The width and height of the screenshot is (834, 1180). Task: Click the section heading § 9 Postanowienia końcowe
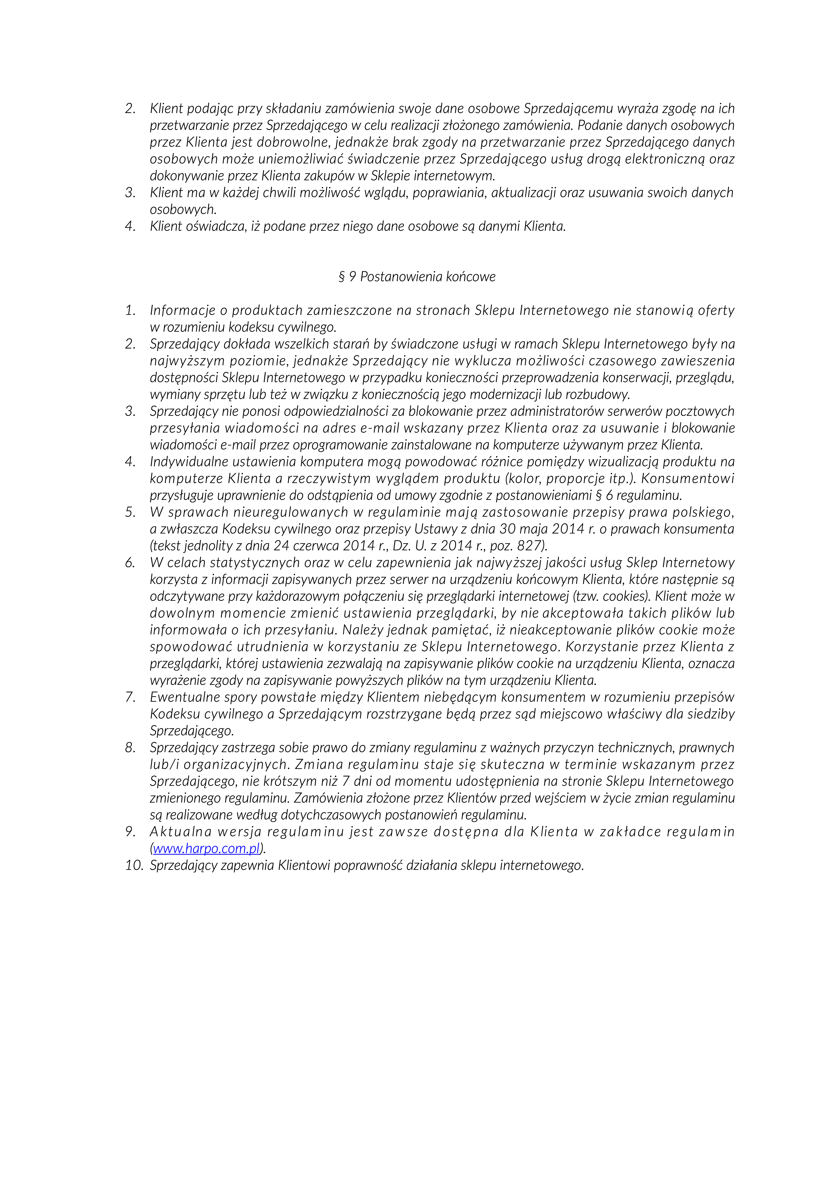click(x=417, y=277)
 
